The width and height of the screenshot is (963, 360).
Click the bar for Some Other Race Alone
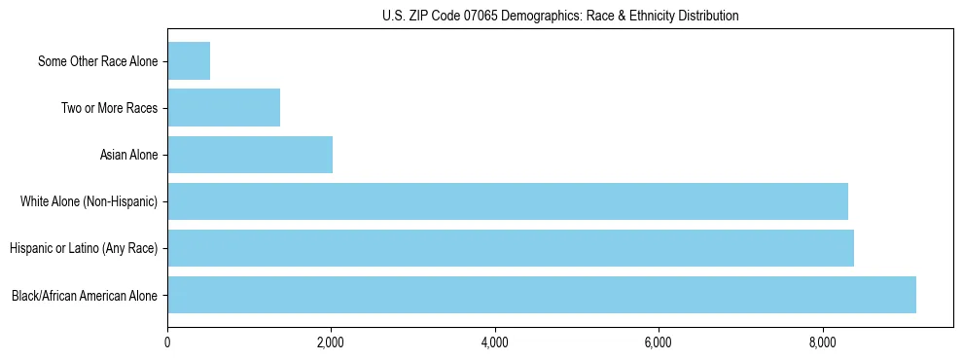point(189,61)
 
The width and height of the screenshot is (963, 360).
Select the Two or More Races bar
point(224,108)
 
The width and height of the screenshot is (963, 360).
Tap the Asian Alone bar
point(250,155)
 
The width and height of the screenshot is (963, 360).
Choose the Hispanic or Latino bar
point(511,248)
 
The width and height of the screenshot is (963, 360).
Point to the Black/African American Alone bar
point(542,295)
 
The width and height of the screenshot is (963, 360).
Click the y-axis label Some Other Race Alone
point(98,61)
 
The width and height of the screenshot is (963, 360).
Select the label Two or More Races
point(110,108)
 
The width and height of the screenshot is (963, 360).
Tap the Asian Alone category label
point(129,155)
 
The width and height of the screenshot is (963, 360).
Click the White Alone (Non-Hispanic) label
point(89,201)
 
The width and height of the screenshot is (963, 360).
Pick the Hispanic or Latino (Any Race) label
point(84,248)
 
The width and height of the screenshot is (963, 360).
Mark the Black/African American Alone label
point(85,295)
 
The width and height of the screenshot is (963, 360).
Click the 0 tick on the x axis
point(167,342)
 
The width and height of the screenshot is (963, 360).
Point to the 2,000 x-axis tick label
point(331,342)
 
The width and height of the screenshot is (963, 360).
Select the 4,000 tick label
point(495,342)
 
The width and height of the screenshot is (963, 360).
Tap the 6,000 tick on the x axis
point(659,342)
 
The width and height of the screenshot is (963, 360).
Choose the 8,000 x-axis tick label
point(823,342)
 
